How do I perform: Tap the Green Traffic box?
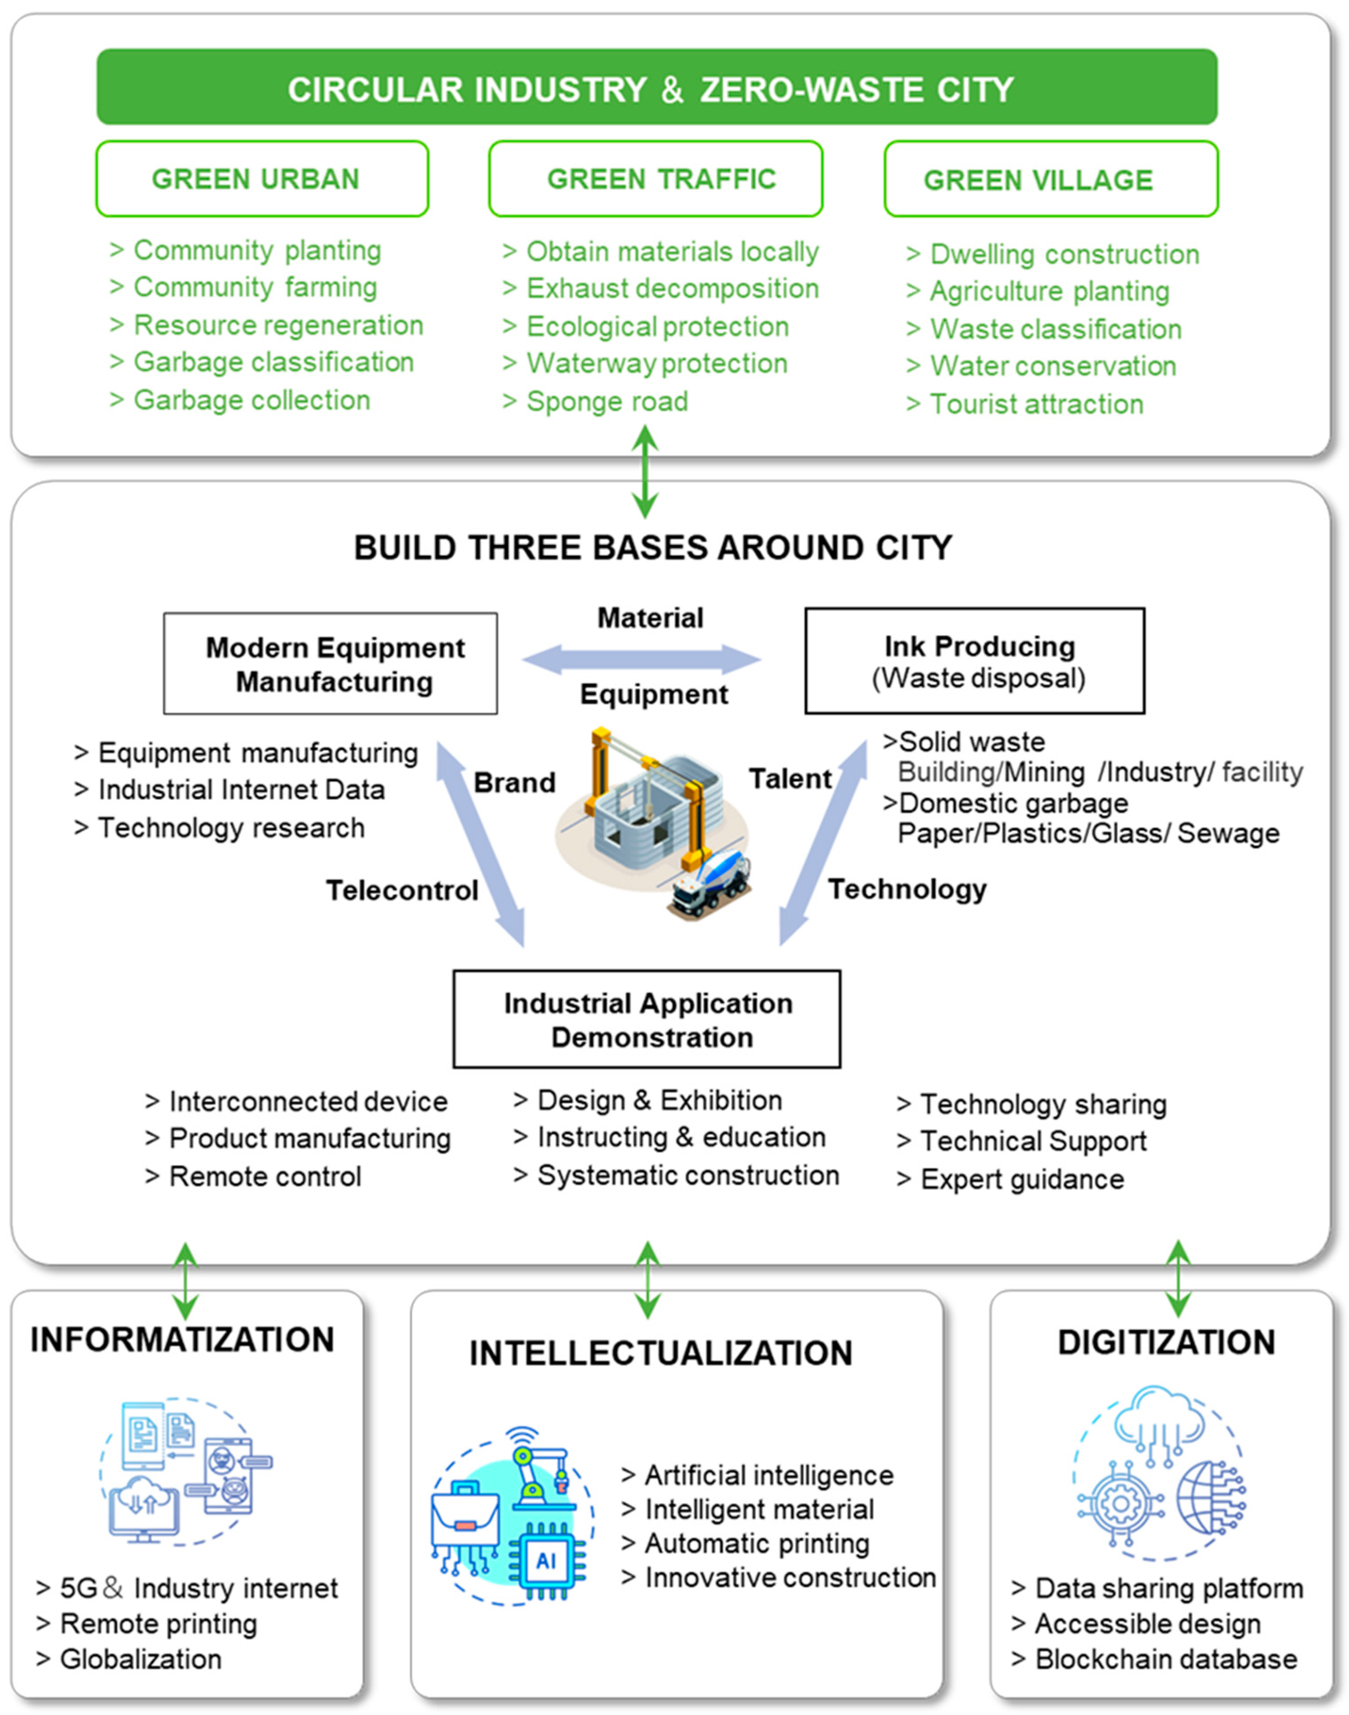click(x=655, y=179)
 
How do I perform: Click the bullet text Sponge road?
click(x=607, y=402)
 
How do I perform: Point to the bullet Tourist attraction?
click(x=1036, y=404)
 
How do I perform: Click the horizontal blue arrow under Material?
click(x=642, y=659)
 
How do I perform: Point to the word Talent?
click(x=790, y=779)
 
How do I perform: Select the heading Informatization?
click(x=183, y=1340)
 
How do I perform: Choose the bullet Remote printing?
click(x=158, y=1624)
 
